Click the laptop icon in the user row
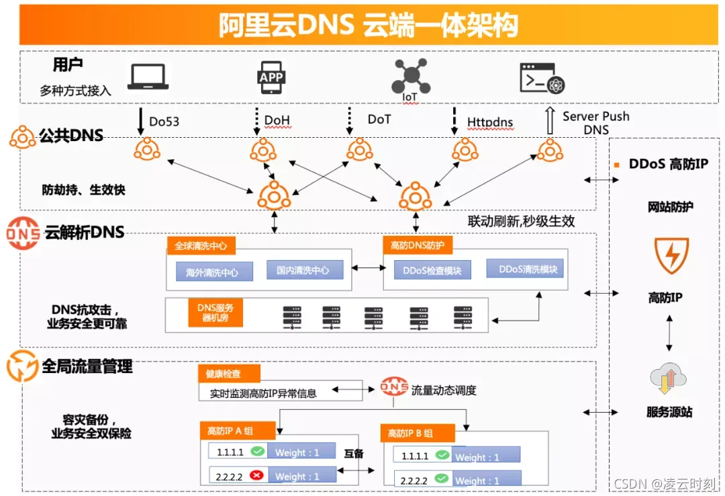148,77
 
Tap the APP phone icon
271,77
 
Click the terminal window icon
542,78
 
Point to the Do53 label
164,122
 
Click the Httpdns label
490,122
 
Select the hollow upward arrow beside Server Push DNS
550,120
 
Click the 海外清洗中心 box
211,273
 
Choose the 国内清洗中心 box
303,270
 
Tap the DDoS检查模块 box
432,270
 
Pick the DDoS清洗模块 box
528,270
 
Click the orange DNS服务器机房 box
215,312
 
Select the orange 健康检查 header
229,374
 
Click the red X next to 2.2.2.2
256,475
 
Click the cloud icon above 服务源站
669,380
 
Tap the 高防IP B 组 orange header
418,433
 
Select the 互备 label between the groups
354,454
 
